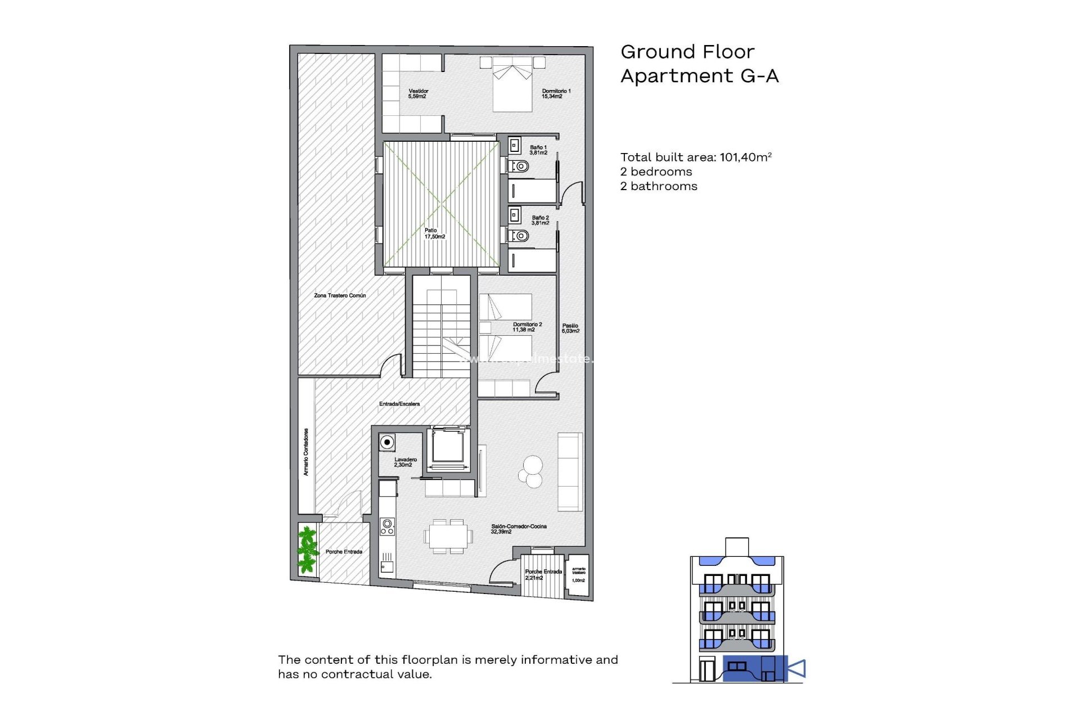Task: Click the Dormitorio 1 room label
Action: pos(556,94)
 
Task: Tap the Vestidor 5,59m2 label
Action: pos(418,94)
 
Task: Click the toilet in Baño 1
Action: pos(520,166)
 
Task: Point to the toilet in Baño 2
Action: pos(520,236)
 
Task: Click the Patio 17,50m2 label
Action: pos(434,233)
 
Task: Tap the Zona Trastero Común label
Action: pos(340,295)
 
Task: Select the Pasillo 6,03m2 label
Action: pos(570,328)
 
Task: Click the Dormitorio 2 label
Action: pos(527,327)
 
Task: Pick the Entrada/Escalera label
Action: pos(399,404)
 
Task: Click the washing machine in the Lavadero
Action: pos(387,443)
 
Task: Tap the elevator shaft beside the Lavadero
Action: pos(448,448)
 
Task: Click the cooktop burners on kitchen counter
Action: pos(387,527)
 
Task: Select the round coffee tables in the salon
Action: pos(531,471)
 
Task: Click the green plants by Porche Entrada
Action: pos(307,549)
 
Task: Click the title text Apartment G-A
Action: pos(699,76)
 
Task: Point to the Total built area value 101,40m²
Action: pos(745,157)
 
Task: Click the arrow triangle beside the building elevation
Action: pos(797,669)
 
